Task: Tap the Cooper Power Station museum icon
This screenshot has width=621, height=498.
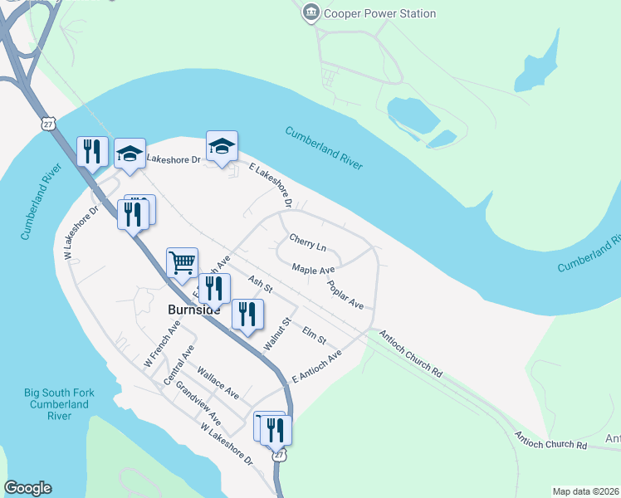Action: point(311,12)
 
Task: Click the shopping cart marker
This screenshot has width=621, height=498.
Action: point(182,263)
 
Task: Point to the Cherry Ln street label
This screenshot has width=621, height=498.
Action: point(308,242)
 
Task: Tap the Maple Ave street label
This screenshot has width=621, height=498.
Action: point(313,269)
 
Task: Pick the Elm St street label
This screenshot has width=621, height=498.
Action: point(315,335)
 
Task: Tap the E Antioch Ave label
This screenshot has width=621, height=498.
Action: point(316,367)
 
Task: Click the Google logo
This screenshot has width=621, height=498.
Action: point(27,487)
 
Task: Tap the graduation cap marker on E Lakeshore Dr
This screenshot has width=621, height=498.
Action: point(222,147)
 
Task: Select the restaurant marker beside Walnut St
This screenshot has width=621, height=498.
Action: point(247,315)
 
